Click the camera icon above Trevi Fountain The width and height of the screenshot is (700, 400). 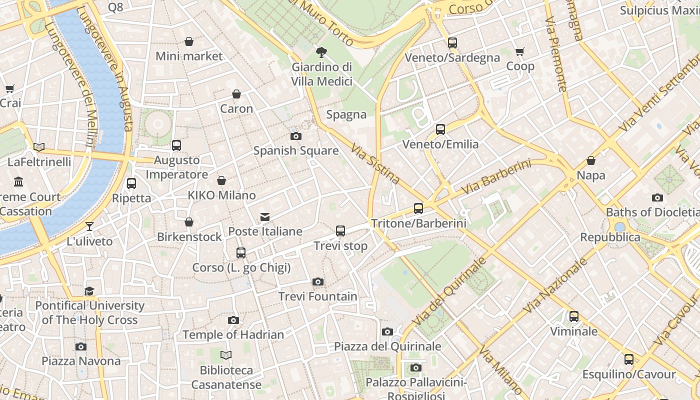click(x=317, y=282)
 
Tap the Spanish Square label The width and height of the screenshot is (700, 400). click(x=295, y=150)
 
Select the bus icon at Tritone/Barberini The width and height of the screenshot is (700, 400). click(x=418, y=208)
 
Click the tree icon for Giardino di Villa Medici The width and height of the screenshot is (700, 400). click(x=322, y=52)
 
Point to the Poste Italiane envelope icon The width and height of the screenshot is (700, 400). click(x=265, y=217)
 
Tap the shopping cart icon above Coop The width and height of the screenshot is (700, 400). click(x=520, y=52)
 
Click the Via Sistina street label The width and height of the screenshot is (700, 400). click(x=375, y=164)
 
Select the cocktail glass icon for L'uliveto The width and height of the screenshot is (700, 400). click(x=89, y=226)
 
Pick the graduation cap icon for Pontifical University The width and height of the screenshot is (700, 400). click(x=89, y=291)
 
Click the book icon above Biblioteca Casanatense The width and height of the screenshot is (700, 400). click(x=226, y=355)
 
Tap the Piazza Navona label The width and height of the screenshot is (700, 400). click(x=81, y=361)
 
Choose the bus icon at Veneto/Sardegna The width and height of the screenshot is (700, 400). click(x=452, y=43)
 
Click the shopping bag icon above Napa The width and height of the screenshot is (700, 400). click(x=591, y=160)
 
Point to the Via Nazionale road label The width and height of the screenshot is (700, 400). click(x=555, y=286)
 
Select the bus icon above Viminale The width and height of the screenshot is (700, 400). click(x=574, y=316)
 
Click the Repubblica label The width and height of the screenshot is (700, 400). click(x=610, y=237)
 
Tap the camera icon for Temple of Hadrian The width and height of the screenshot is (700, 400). click(x=233, y=320)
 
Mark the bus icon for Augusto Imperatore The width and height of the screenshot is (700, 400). click(x=176, y=145)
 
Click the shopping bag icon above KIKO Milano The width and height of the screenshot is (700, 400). click(x=221, y=180)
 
